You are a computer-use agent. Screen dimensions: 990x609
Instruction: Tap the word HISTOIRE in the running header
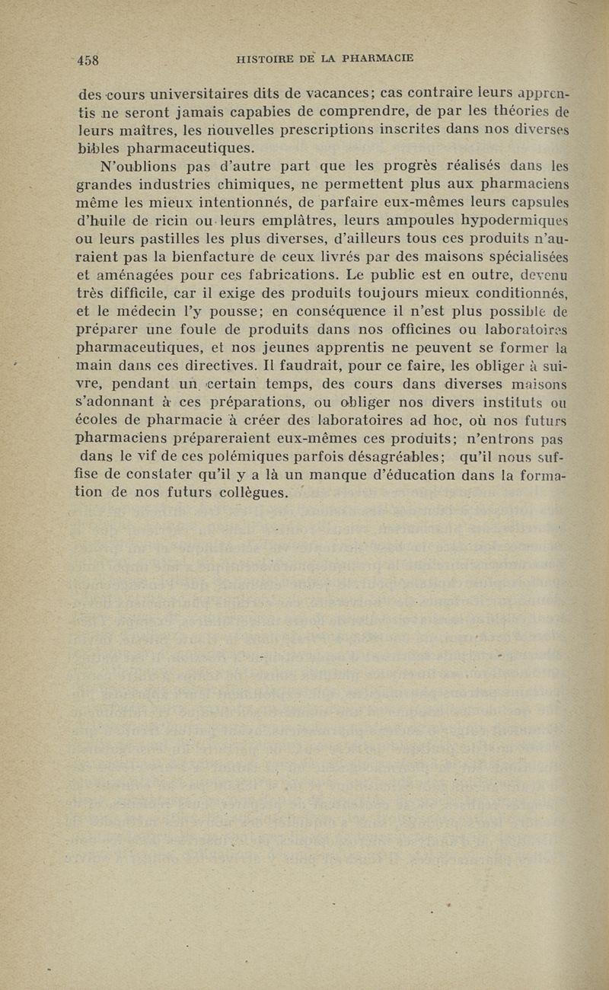coord(264,56)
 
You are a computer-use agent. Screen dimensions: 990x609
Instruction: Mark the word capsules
coord(540,201)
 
